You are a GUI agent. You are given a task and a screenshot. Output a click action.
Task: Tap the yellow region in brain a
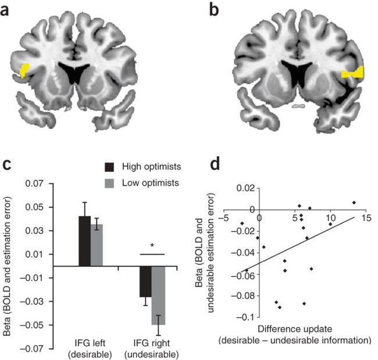26,70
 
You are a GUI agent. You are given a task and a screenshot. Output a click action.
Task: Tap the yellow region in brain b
352,73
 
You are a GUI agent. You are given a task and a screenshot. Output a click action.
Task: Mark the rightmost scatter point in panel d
354,202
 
